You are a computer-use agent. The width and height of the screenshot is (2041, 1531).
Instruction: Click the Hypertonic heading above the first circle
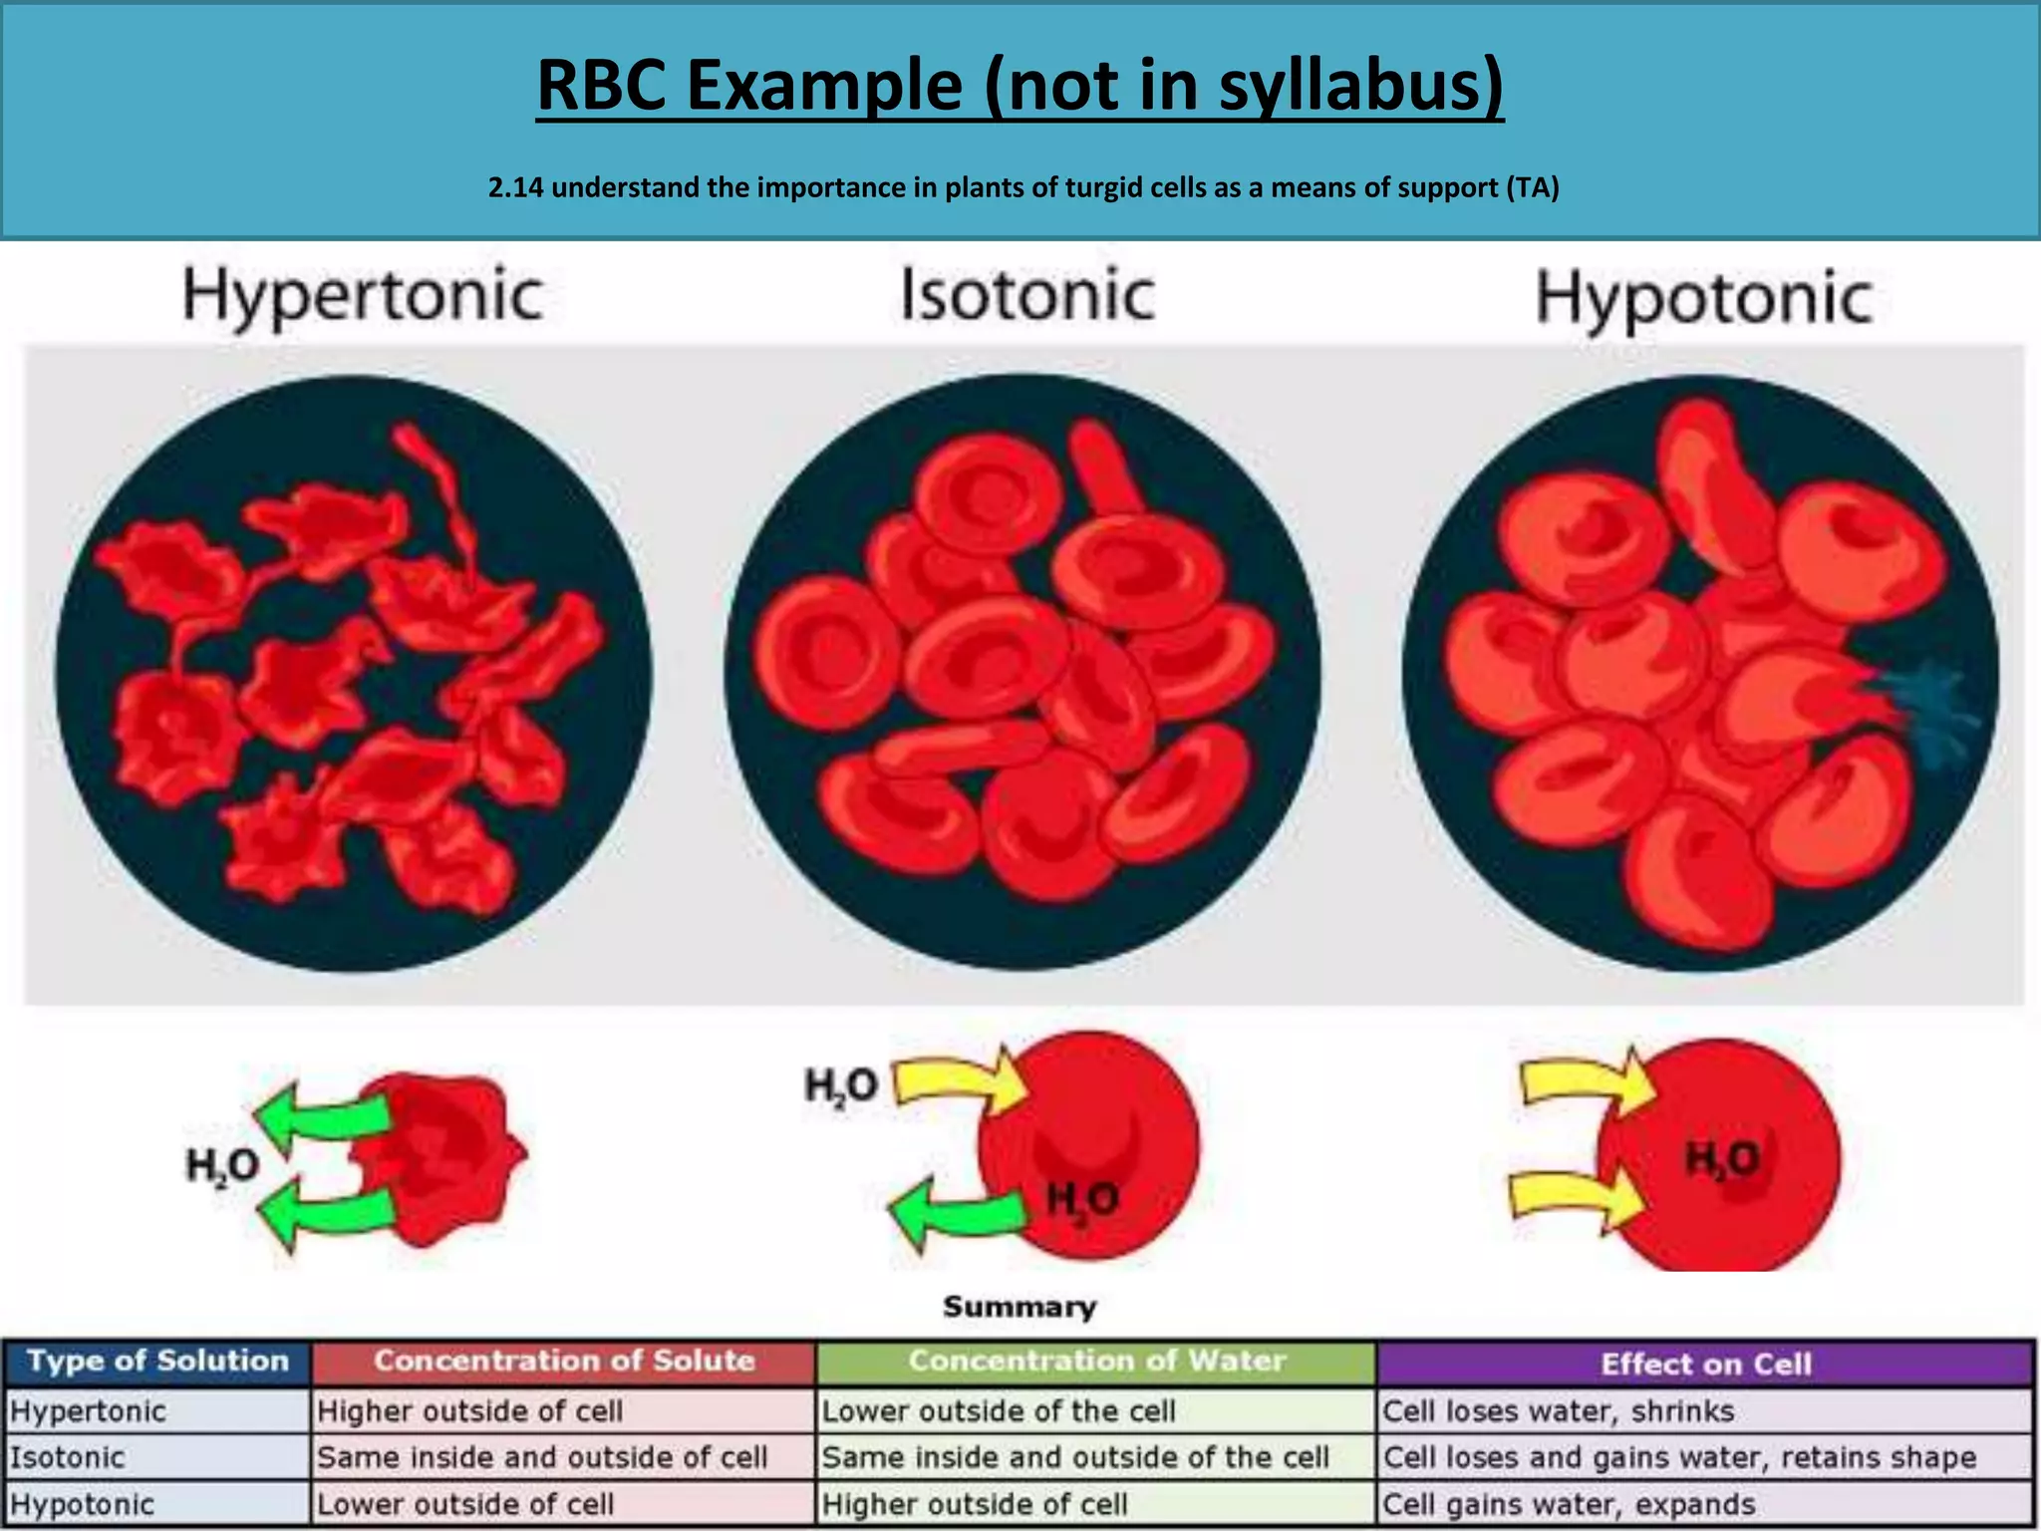[363, 296]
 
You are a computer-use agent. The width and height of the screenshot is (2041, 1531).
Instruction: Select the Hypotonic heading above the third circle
[1704, 298]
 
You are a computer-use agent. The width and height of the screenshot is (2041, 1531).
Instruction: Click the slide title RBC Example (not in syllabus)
[1020, 86]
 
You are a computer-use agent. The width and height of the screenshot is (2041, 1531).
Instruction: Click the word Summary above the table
[1020, 1307]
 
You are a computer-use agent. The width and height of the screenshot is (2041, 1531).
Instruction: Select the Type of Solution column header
[157, 1362]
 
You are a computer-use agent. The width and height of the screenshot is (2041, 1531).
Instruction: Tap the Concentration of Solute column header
[564, 1362]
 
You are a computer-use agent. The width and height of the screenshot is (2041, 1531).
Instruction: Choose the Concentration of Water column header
[1096, 1362]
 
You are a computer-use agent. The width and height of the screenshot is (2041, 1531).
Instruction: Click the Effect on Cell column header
[1705, 1364]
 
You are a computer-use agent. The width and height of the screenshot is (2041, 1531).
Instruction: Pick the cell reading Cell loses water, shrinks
[1558, 1411]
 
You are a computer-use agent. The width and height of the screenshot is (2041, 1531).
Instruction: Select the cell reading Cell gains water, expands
[1569, 1504]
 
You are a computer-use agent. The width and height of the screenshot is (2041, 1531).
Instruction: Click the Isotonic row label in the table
[68, 1457]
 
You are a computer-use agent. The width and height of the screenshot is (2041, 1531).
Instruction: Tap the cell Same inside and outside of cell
[542, 1457]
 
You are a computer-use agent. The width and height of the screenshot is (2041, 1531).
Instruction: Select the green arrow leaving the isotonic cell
[952, 1213]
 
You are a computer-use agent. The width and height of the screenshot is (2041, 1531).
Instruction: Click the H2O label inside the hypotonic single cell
[1722, 1159]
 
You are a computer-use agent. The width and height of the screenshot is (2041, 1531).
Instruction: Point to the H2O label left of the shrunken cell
[222, 1165]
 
